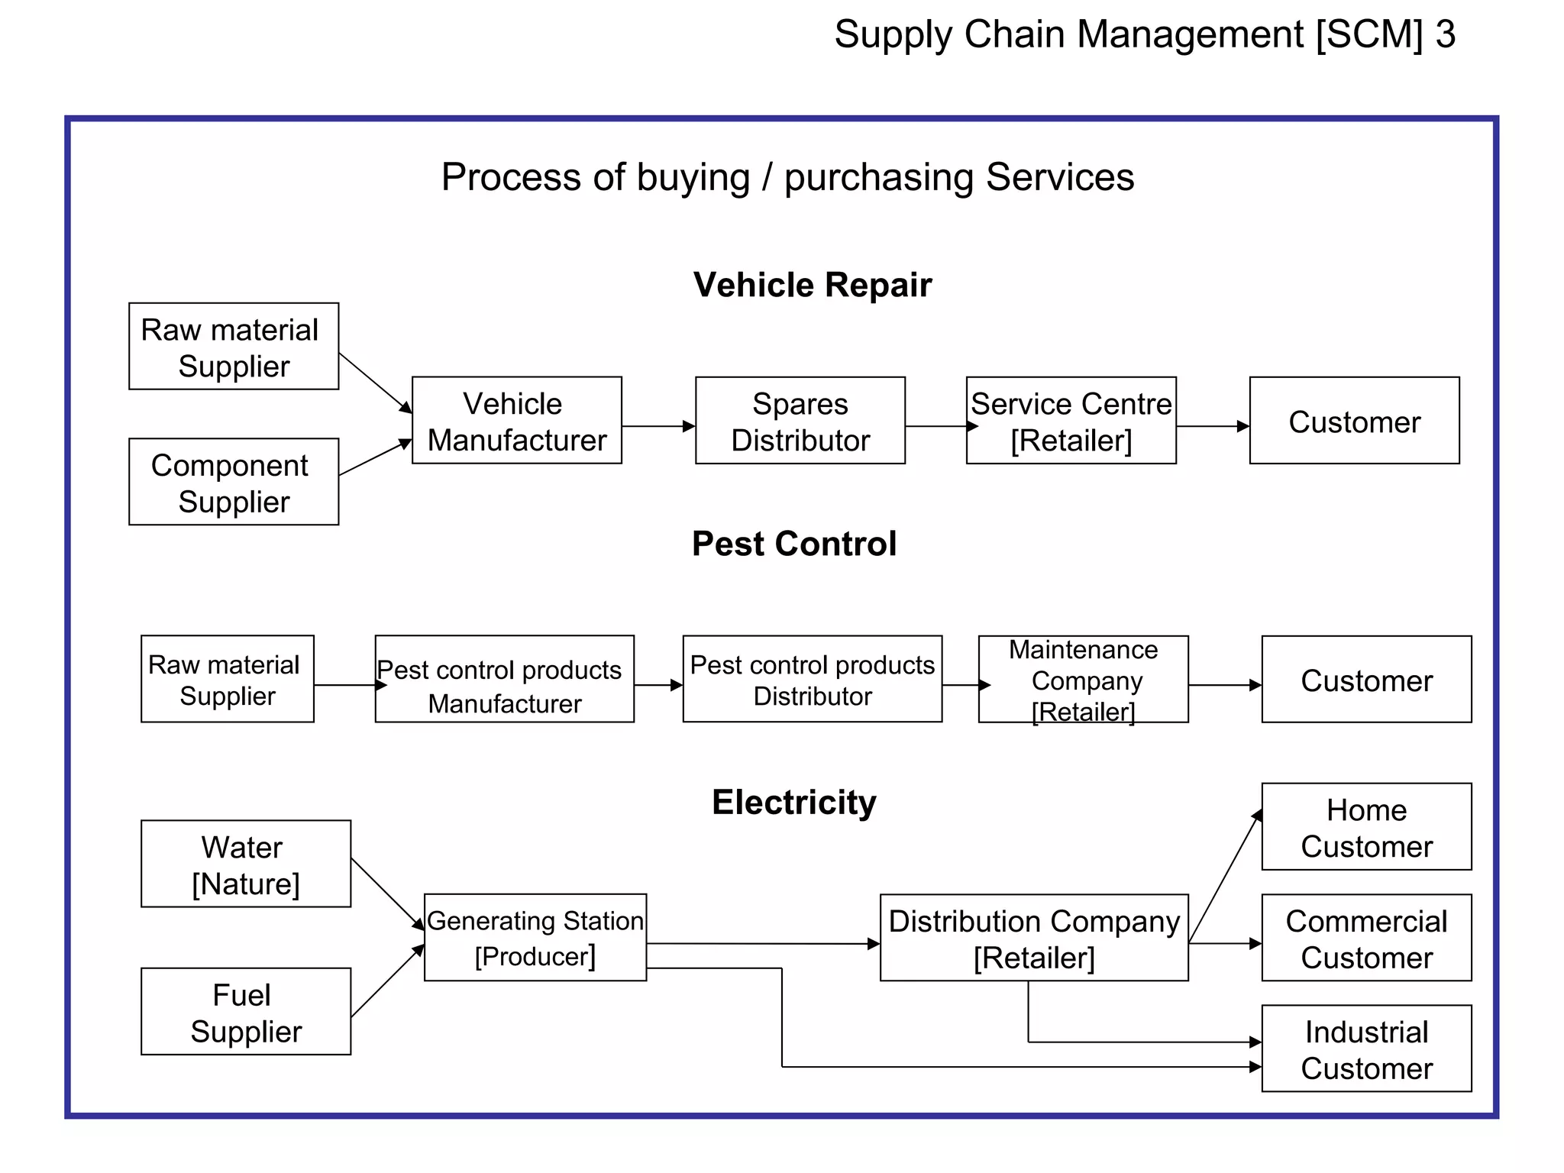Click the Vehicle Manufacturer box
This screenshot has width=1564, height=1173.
[x=516, y=421]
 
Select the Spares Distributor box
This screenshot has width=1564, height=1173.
[x=800, y=421]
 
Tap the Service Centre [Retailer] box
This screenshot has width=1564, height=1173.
[x=1071, y=421]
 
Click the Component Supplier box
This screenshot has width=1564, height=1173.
[x=234, y=482]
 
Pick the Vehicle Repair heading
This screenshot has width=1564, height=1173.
[x=812, y=285]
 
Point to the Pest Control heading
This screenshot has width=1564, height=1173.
[x=793, y=544]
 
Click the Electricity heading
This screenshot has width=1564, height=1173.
[x=793, y=803]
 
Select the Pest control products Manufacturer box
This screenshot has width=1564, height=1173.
[x=504, y=679]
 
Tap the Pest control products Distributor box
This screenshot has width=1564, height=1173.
[x=812, y=679]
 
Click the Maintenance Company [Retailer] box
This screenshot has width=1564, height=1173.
[x=1083, y=679]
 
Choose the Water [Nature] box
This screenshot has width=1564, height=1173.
[x=246, y=864]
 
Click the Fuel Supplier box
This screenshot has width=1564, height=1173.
[x=246, y=1012]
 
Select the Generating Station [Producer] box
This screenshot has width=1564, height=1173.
[x=535, y=938]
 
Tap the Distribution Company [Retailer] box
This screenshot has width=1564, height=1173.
[x=1034, y=938]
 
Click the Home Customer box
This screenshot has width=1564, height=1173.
[x=1366, y=827]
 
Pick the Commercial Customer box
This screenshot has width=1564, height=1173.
[x=1366, y=938]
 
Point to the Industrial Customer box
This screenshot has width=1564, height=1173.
[x=1366, y=1049]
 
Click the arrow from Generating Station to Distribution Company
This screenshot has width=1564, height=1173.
[x=764, y=944]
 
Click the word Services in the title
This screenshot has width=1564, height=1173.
[x=1059, y=177]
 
